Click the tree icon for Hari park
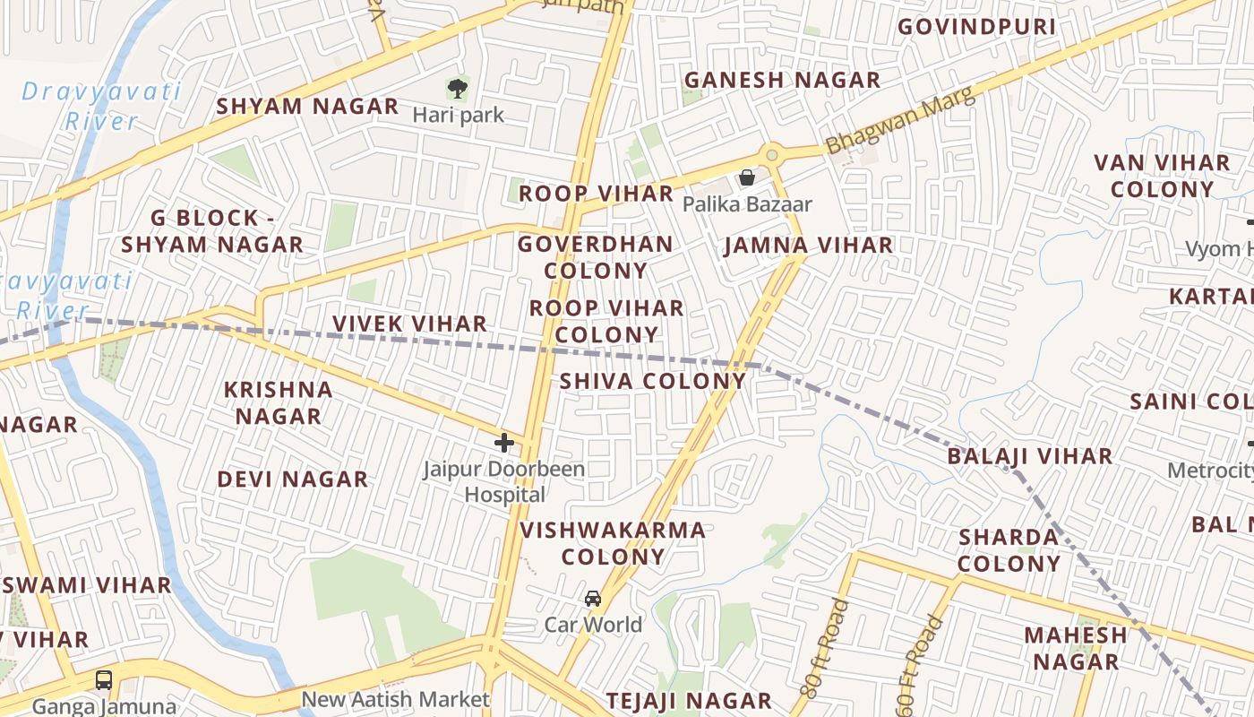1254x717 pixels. point(458,89)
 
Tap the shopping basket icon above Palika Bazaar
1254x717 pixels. point(747,177)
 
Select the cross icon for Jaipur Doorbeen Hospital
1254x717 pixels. point(504,442)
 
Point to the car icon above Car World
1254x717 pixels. point(593,598)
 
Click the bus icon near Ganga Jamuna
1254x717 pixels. point(104,679)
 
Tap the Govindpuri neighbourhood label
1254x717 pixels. point(976,27)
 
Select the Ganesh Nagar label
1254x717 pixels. point(782,80)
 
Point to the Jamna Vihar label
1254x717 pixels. point(808,245)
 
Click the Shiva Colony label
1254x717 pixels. point(652,381)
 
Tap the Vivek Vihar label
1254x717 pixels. point(409,324)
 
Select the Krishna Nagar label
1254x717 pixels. point(278,402)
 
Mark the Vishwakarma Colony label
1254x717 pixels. point(613,543)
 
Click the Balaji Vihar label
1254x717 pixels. point(1029,456)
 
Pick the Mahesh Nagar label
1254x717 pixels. point(1075,648)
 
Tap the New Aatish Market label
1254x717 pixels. point(395,699)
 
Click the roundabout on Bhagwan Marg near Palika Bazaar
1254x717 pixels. point(771,155)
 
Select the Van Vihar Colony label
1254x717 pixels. point(1162,176)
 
